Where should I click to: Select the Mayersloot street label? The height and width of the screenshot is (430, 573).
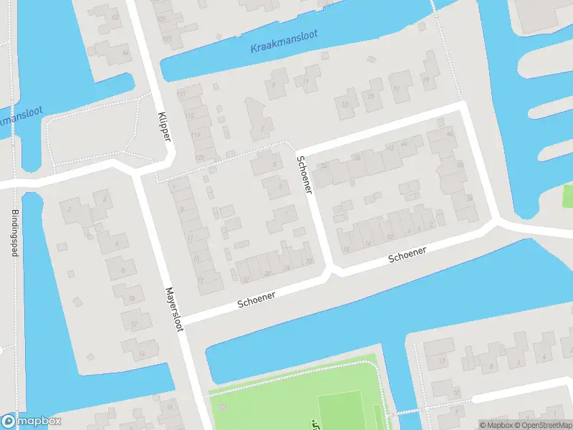point(175,310)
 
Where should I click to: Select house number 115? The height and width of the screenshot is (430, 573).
point(190,115)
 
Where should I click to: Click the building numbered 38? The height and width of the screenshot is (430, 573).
point(356,158)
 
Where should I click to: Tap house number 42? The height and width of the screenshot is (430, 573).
point(390,147)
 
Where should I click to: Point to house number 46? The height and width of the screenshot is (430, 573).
point(449,133)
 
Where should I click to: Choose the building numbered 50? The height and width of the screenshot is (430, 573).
point(459,164)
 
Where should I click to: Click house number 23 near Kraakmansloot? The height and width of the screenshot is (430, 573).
point(346,105)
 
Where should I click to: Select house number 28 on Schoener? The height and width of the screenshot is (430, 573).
point(309,261)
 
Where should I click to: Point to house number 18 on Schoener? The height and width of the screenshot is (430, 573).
point(347,249)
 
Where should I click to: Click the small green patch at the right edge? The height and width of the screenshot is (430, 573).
point(567,196)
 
